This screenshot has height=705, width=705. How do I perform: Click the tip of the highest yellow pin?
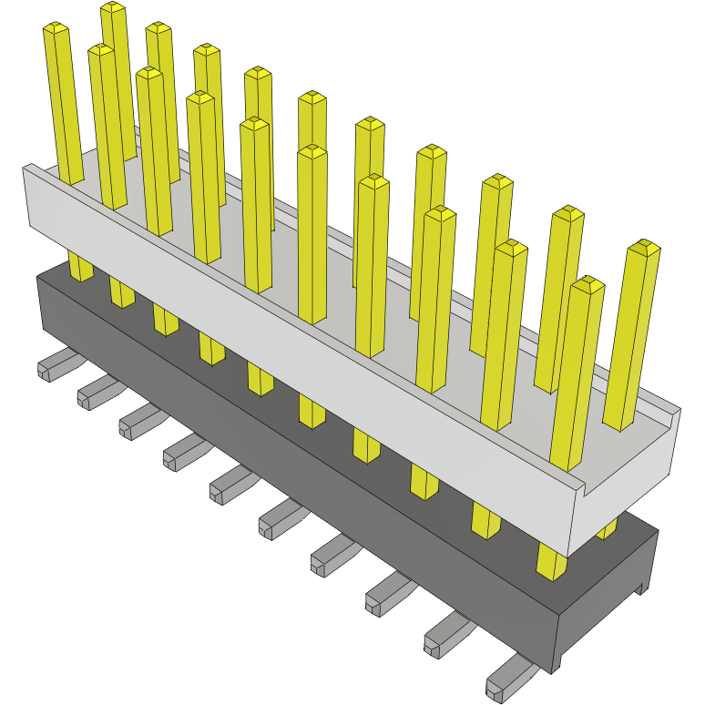pos(113,8)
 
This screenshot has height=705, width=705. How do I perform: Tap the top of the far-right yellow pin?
pos(645,246)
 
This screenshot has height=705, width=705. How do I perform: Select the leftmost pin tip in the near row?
pos(56,30)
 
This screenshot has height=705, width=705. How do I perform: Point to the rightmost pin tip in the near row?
pos(588,284)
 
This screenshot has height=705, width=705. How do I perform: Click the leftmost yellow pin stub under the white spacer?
pos(80,266)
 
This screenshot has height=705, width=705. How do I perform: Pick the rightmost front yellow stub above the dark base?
pos(551,561)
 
